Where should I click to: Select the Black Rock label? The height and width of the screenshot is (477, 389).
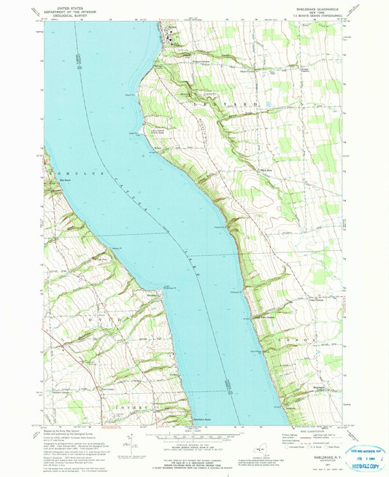(x=266, y=171)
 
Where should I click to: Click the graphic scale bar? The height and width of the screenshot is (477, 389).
(x=193, y=435)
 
